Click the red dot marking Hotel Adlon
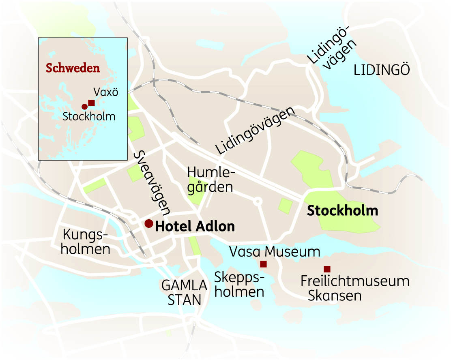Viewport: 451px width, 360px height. [x=149, y=223]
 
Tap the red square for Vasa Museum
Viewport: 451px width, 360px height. [x=263, y=264]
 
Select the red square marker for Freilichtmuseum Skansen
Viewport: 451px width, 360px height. [x=327, y=269]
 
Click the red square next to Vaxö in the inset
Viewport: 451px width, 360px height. [x=91, y=103]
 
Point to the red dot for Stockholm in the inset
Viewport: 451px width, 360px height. [x=84, y=107]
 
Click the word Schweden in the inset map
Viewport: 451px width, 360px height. [x=73, y=68]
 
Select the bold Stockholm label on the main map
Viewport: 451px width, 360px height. [x=342, y=211]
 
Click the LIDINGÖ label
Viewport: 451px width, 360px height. [x=382, y=70]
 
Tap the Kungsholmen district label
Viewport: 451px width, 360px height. [x=86, y=242]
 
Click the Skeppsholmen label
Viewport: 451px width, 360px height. [x=239, y=285]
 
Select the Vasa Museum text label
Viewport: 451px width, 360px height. [x=275, y=252]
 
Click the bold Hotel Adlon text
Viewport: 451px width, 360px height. [x=195, y=227]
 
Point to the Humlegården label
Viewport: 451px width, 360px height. [x=210, y=180]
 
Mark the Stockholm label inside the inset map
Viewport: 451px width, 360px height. [x=89, y=117]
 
